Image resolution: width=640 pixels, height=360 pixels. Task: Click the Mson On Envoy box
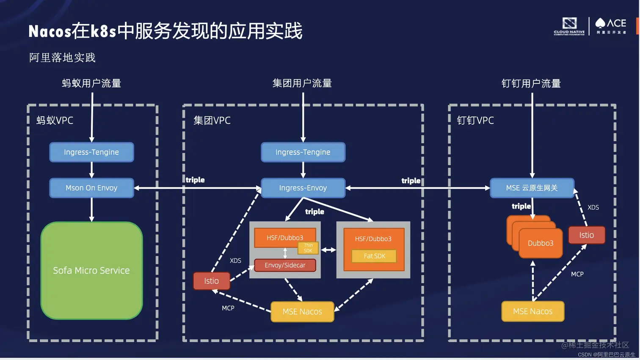click(x=91, y=188)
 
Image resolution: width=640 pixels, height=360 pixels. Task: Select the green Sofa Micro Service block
click(x=91, y=270)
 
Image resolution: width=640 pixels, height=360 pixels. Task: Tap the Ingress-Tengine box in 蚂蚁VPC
click(x=91, y=152)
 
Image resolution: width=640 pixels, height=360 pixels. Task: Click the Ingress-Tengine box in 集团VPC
click(x=303, y=152)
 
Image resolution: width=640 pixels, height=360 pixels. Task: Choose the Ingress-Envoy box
click(x=303, y=188)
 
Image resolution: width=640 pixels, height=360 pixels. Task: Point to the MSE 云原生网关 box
click(x=532, y=188)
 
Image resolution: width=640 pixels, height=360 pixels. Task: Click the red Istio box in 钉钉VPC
click(x=586, y=235)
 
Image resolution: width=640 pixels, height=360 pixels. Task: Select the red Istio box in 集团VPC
click(x=211, y=281)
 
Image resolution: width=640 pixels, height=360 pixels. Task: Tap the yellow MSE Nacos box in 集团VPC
click(x=302, y=312)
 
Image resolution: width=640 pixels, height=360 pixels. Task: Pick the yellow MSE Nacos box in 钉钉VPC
click(x=532, y=312)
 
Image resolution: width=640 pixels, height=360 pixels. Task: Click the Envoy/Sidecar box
click(x=285, y=265)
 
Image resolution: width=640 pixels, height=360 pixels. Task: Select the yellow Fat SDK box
click(x=374, y=256)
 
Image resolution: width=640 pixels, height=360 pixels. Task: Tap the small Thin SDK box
click(x=308, y=248)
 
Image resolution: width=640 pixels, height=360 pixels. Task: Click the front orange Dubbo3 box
click(x=541, y=243)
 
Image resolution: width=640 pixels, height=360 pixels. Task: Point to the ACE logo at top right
click(x=611, y=25)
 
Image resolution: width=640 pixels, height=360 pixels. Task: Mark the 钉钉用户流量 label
click(x=531, y=83)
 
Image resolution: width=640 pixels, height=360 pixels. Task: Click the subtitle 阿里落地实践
click(x=62, y=58)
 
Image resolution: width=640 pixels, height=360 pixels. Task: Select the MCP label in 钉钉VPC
click(x=577, y=274)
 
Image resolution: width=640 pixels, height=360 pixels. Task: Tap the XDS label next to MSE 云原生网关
click(x=593, y=207)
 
